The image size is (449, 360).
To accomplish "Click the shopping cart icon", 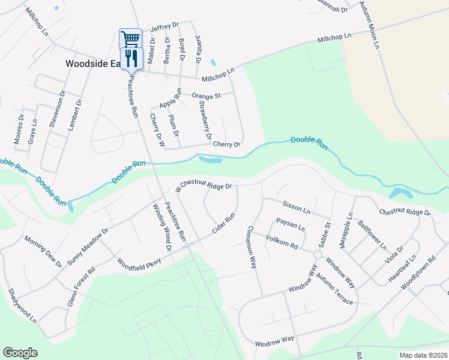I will (131, 39).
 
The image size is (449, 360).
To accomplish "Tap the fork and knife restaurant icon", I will (131, 58).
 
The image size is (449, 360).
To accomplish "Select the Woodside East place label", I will (92, 63).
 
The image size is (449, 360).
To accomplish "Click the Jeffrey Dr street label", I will (165, 26).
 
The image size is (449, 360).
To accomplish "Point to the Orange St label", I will (206, 95).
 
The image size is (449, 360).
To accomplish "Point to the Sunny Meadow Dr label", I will (88, 246).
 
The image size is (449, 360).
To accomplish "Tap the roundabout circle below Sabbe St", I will (317, 255).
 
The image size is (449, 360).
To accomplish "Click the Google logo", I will (20, 353).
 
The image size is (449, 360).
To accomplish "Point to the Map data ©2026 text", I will (423, 355).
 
